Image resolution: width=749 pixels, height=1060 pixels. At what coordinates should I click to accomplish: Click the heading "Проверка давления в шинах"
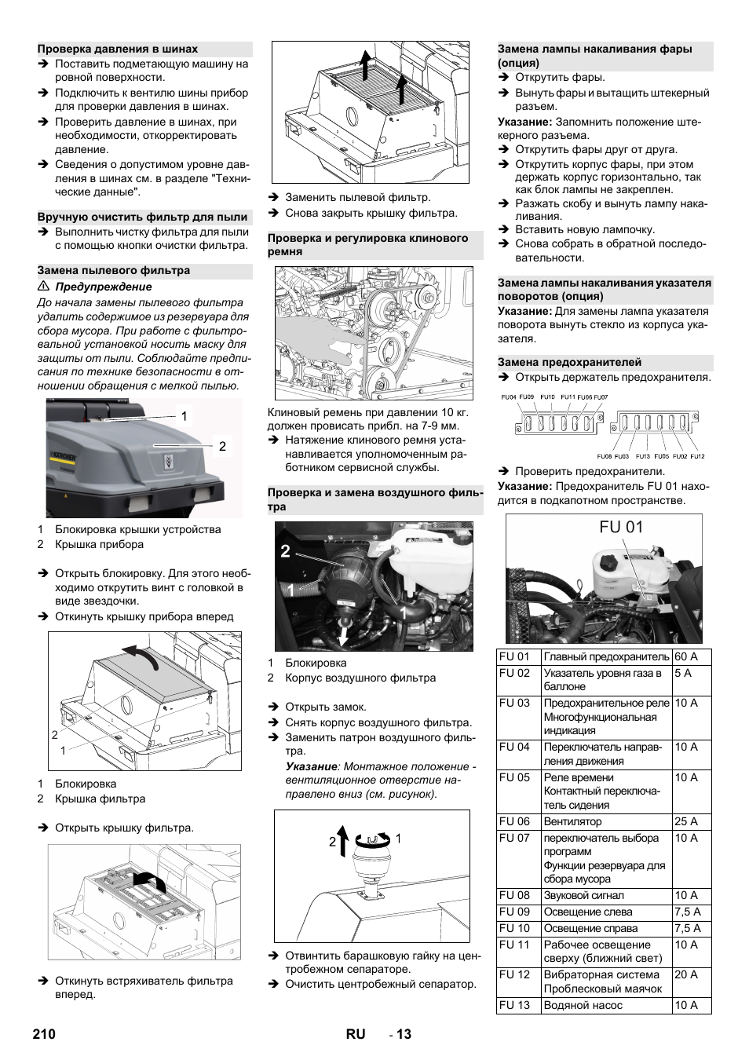[x=118, y=49]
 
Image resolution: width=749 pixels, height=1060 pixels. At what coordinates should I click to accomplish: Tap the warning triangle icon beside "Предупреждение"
[x=44, y=287]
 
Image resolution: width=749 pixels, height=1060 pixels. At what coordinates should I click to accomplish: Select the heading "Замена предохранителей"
[x=569, y=362]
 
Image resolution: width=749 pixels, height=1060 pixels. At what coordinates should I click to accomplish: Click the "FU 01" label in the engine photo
[x=620, y=527]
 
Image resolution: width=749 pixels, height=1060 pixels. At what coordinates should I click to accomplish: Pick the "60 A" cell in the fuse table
[x=685, y=656]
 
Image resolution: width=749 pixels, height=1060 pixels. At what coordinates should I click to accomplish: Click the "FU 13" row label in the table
[x=514, y=1005]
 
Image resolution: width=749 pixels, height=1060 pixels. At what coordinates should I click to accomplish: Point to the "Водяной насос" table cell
[x=583, y=1005]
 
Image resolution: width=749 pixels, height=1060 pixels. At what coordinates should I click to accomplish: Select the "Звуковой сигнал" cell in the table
[x=583, y=895]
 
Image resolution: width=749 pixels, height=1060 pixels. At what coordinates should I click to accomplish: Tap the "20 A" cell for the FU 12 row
[x=685, y=974]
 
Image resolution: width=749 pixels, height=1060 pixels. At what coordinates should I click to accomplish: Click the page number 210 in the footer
[x=44, y=1033]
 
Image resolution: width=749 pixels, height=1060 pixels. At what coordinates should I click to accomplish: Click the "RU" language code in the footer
[x=355, y=1033]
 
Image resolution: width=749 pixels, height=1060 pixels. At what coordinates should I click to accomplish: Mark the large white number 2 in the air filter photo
[x=285, y=551]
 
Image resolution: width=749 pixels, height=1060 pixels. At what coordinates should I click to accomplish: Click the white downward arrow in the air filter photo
[x=342, y=633]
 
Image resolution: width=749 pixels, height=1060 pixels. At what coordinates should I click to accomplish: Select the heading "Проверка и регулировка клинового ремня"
[x=367, y=244]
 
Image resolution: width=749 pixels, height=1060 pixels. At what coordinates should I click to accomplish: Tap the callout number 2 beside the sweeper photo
[x=222, y=446]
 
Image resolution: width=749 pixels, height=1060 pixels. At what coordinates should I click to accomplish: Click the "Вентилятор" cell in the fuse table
[x=572, y=821]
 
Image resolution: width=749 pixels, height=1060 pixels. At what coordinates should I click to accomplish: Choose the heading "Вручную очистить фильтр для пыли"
[x=142, y=217]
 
